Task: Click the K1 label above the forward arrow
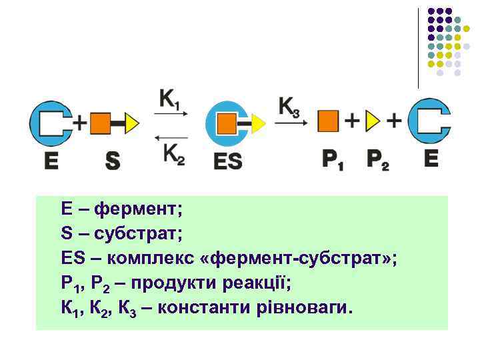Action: pyautogui.click(x=170, y=100)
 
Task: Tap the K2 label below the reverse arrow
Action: pyautogui.click(x=173, y=154)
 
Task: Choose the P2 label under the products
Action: pyautogui.click(x=379, y=160)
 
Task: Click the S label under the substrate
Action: pyautogui.click(x=113, y=161)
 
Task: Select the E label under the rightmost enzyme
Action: pyautogui.click(x=430, y=159)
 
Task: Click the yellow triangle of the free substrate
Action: pyautogui.click(x=131, y=123)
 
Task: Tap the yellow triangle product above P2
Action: pyautogui.click(x=372, y=121)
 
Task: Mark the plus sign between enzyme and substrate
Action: pyautogui.click(x=80, y=123)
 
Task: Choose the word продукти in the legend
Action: pyautogui.click(x=170, y=283)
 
